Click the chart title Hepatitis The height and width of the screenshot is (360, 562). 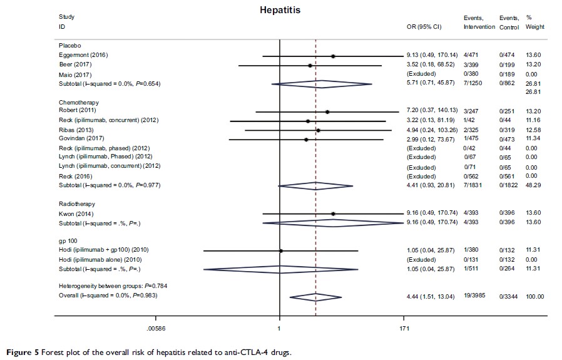[x=280, y=10]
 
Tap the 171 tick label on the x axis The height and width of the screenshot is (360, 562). [x=404, y=327]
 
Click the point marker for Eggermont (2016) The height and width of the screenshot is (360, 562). [x=333, y=56]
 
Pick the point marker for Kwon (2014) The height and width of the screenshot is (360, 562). [x=333, y=213]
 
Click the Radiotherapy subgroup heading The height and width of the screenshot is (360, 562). [x=76, y=204]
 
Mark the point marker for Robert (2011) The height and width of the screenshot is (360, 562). [x=327, y=111]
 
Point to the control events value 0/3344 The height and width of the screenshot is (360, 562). [x=509, y=296]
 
